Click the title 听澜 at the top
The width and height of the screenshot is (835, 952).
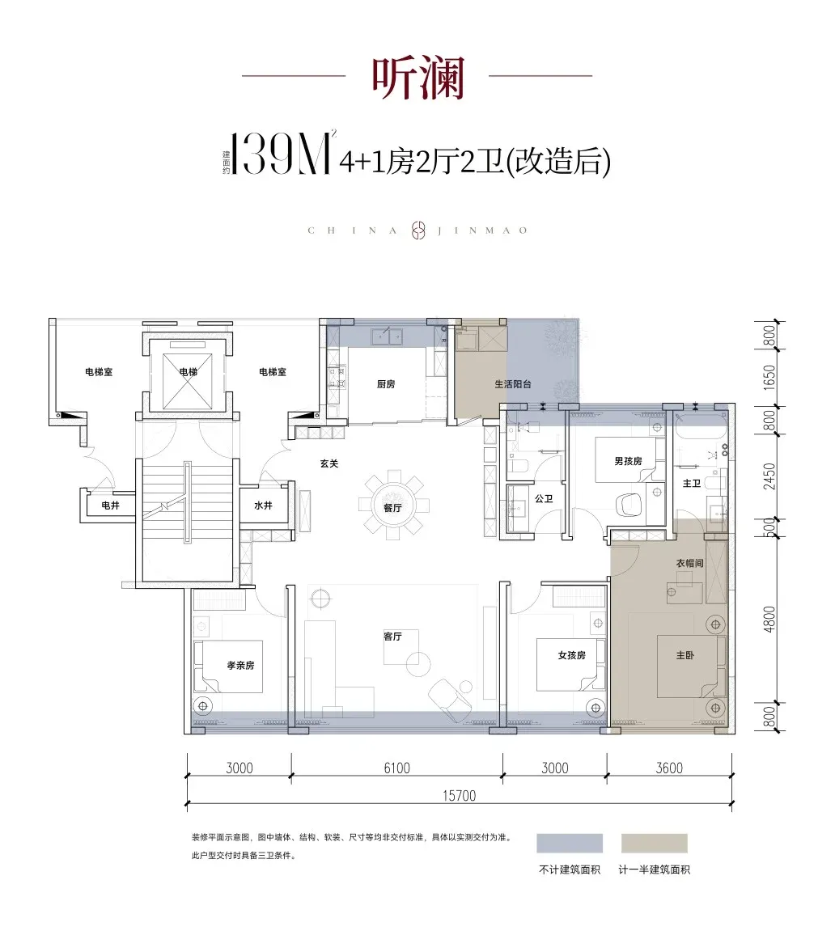click(418, 78)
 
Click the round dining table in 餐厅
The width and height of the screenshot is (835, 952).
click(393, 506)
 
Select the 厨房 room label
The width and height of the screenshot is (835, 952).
click(386, 383)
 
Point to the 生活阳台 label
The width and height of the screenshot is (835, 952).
click(513, 383)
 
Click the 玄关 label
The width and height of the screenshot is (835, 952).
click(329, 463)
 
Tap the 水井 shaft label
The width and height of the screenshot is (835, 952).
click(263, 506)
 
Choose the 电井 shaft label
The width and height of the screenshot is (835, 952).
click(111, 506)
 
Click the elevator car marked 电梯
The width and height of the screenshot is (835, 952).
click(188, 371)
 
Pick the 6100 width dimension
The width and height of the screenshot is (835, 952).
click(397, 768)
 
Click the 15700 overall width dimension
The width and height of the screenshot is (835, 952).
click(459, 795)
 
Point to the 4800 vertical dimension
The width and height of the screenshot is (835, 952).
click(769, 620)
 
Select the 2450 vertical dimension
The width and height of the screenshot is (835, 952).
click(769, 476)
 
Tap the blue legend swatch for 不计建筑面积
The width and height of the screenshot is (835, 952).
click(570, 844)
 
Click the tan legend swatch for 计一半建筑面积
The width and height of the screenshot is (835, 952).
click(654, 844)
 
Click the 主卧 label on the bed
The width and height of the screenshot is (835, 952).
click(685, 655)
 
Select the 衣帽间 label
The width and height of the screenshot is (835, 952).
click(690, 563)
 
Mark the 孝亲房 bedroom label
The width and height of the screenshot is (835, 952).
click(240, 665)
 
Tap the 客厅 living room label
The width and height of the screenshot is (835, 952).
click(393, 636)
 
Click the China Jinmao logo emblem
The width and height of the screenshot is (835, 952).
click(417, 230)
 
